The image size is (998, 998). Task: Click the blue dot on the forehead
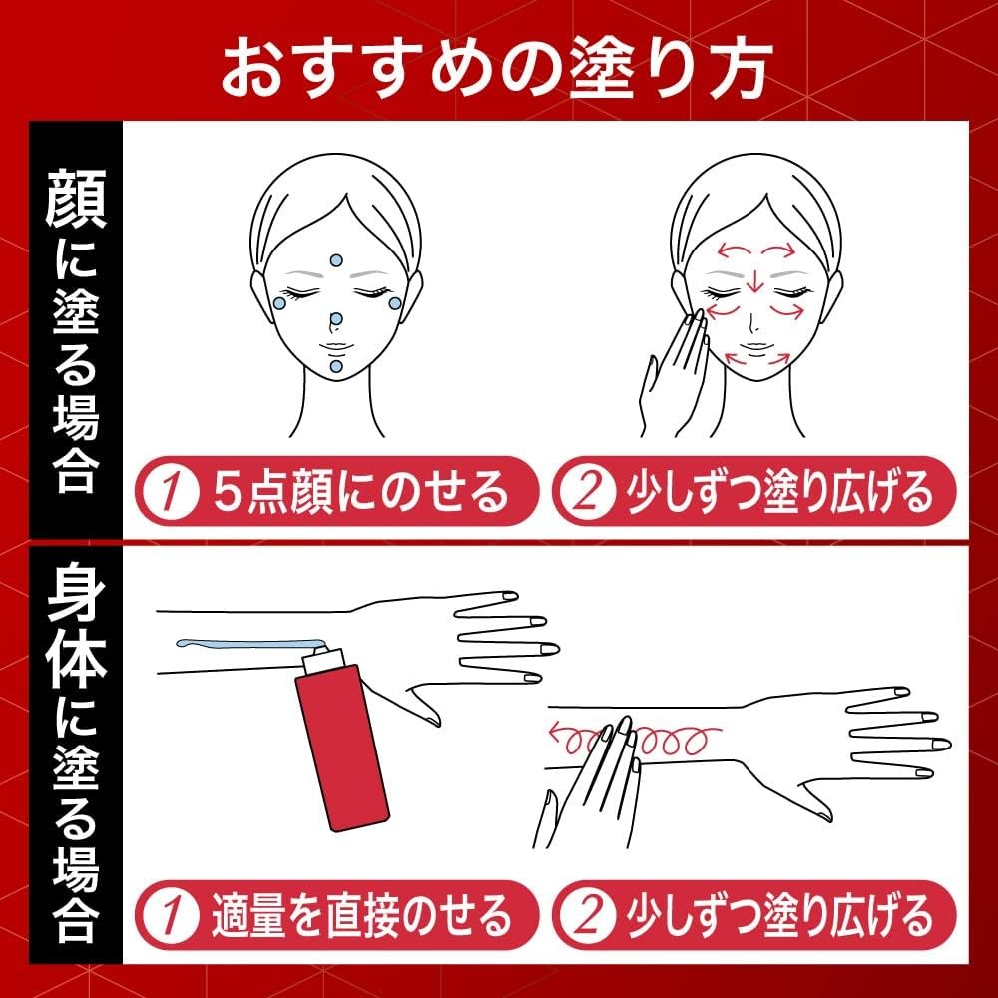(336, 260)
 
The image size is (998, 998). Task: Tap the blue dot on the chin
(336, 366)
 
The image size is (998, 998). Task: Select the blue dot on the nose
(336, 319)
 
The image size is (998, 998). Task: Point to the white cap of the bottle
(322, 661)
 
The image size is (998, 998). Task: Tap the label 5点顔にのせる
(361, 492)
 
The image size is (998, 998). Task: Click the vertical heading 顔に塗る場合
(76, 330)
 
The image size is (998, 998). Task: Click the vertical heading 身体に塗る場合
(76, 751)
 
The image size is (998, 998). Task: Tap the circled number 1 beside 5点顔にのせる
(168, 492)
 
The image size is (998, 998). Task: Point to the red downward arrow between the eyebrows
(754, 281)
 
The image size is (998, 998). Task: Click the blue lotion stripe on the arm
(250, 644)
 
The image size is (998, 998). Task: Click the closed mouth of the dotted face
(335, 347)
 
